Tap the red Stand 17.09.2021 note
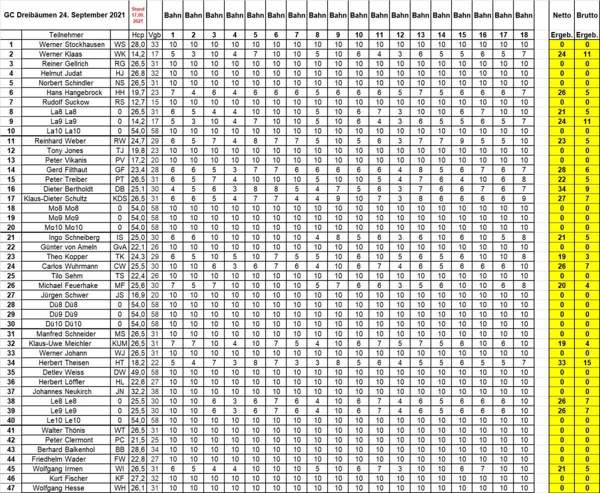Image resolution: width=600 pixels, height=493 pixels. tap(137, 15)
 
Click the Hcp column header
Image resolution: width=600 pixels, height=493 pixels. tap(137, 35)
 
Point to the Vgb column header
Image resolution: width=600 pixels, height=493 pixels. tap(155, 35)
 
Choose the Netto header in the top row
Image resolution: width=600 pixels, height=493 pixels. tap(561, 15)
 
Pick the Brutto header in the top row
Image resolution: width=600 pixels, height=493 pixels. tap(586, 15)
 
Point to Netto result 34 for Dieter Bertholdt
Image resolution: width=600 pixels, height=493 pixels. tap(561, 189)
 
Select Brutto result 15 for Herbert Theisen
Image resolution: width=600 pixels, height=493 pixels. tap(586, 362)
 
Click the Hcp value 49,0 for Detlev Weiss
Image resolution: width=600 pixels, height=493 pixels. tap(137, 372)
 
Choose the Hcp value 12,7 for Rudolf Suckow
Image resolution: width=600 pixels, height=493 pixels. tap(137, 102)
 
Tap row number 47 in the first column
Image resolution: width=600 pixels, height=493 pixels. tap(11, 488)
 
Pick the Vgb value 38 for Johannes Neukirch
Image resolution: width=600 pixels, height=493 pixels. tap(155, 391)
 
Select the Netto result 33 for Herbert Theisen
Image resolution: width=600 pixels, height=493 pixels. tap(561, 362)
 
